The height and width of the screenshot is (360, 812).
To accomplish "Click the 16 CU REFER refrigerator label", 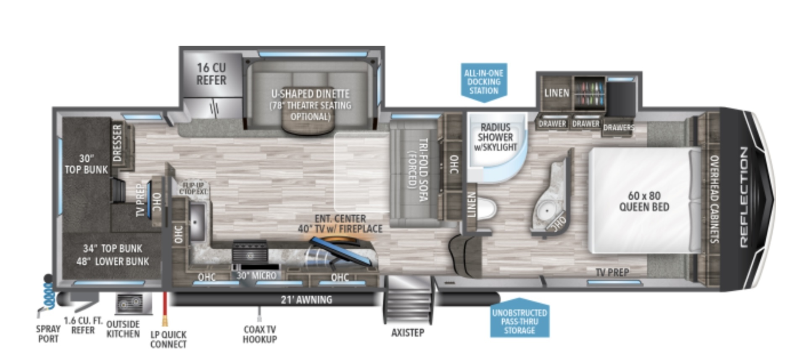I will coord(211,74).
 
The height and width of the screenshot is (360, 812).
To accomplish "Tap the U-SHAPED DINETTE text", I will coord(310,94).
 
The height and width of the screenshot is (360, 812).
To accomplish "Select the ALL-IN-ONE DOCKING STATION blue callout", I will coord(484,81).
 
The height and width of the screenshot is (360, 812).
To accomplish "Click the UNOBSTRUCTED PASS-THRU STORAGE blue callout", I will coord(519,321).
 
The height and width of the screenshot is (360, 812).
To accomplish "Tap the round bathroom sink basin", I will coord(547,210).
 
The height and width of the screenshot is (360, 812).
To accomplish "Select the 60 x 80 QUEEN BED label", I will coord(644,201).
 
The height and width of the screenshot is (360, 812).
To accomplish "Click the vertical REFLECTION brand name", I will coord(744,197).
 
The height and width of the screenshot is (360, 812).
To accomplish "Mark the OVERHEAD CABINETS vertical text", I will coord(714,199).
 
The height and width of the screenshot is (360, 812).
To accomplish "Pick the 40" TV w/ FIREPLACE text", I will coord(340,229).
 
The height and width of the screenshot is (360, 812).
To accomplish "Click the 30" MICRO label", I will coord(256,276).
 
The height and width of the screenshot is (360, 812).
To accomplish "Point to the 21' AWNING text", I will coord(306,300).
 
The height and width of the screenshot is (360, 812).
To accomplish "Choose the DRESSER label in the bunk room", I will coord(118,143).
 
